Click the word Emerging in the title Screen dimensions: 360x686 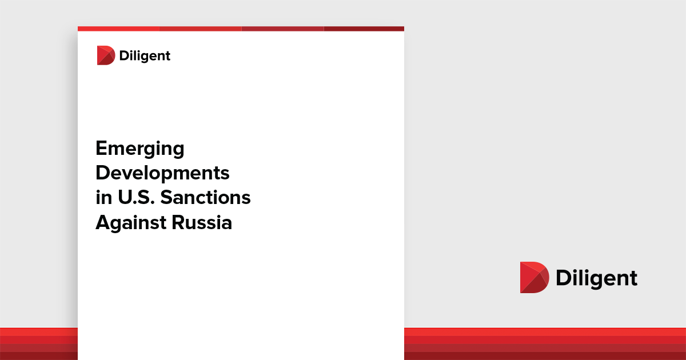coord(140,149)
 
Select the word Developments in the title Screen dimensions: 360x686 coord(162,173)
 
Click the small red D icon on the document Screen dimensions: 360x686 coord(106,55)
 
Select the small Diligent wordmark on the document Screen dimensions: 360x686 coord(145,55)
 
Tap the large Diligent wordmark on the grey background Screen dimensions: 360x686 coord(596,278)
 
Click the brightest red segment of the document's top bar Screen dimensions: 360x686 coord(118,29)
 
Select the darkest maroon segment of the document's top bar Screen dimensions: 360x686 coord(364,29)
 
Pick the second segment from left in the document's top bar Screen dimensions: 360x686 coord(200,29)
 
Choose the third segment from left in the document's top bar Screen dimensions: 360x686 coord(282,29)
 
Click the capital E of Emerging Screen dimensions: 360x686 coord(101,149)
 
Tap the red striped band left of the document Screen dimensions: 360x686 coord(38,343)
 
